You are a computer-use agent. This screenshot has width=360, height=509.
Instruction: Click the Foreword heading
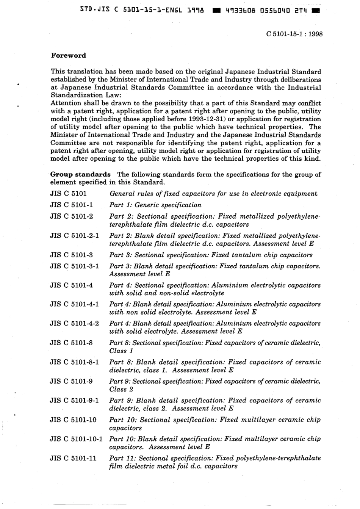tap(69, 55)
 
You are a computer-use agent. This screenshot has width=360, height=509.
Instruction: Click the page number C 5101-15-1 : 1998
tap(294, 34)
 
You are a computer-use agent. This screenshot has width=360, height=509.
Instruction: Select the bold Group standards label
tap(80, 174)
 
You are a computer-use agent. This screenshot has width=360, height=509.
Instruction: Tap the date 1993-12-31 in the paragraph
tap(203, 119)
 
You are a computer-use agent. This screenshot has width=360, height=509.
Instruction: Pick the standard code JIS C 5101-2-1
tap(74, 235)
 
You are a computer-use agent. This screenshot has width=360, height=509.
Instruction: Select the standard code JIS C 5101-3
tap(71, 255)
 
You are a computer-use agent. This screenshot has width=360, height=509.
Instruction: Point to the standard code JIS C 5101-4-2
tap(74, 323)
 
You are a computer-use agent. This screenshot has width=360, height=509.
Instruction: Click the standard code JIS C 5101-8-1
tap(74, 362)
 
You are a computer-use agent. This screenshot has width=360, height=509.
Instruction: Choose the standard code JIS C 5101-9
tap(71, 381)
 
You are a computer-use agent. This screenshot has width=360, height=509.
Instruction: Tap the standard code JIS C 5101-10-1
tap(76, 439)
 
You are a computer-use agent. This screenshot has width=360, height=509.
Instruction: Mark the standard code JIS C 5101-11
tap(73, 458)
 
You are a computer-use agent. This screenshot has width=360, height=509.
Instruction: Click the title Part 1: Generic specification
tap(155, 205)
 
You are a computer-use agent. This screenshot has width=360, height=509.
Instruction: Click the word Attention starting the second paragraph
tap(66, 103)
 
